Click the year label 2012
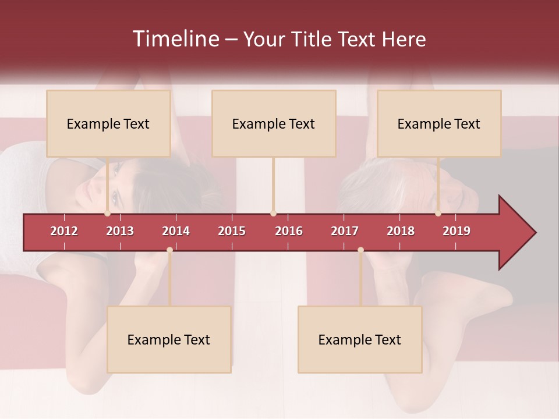[64, 231]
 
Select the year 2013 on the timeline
[120, 231]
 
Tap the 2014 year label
[176, 231]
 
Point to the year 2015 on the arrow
[232, 231]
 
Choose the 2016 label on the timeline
[289, 231]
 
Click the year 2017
[345, 231]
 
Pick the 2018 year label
[401, 231]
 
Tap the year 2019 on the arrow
[457, 231]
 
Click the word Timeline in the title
[175, 39]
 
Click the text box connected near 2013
[108, 123]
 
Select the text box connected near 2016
[274, 123]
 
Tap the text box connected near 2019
[439, 123]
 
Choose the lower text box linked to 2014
[169, 339]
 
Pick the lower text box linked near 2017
[360, 339]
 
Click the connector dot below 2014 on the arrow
[169, 250]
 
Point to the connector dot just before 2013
[108, 214]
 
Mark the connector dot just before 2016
[274, 214]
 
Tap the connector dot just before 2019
[438, 214]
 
